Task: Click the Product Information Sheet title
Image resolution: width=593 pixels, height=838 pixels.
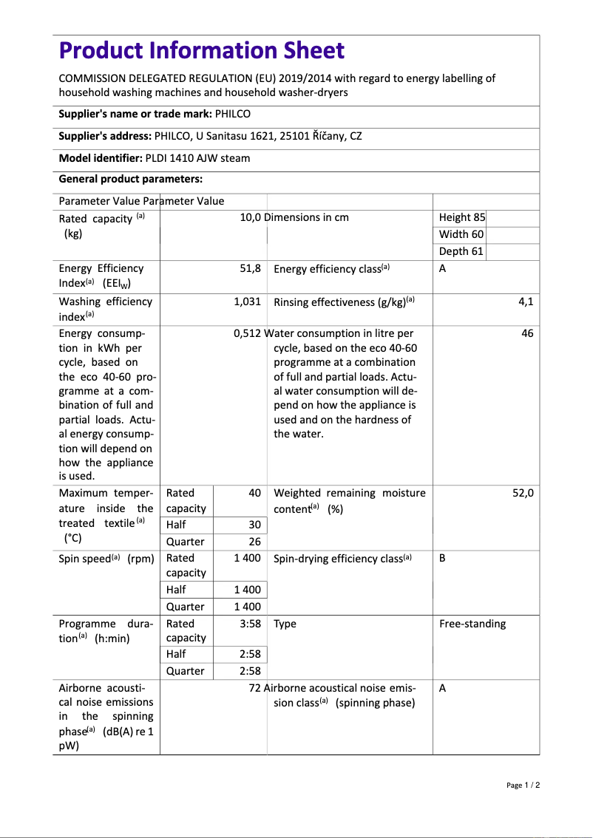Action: [x=201, y=50]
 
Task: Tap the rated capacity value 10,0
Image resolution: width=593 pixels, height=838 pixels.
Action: [x=251, y=217]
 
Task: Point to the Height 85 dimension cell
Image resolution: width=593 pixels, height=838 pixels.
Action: [x=462, y=217]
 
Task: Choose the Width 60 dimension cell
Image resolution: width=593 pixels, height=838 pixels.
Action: [x=461, y=234]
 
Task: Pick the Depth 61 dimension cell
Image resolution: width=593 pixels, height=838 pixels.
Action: [x=461, y=251]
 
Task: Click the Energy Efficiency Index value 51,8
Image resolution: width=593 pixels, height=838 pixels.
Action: [x=250, y=268]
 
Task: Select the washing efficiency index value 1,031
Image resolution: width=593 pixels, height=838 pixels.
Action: [x=247, y=302]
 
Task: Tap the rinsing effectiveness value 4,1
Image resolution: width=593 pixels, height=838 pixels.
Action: [x=526, y=302]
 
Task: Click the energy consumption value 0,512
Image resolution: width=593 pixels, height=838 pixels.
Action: [x=247, y=333]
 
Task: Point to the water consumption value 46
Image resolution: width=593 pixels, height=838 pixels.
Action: [x=527, y=333]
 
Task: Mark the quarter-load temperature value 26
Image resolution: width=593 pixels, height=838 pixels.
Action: [x=254, y=542]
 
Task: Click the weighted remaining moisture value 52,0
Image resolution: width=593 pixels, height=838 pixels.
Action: [x=523, y=493]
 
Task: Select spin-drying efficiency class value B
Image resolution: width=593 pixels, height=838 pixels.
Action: [x=442, y=558]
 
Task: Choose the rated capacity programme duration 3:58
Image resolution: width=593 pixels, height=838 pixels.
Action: [x=250, y=624]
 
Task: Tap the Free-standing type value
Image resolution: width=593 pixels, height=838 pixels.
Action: [x=472, y=624]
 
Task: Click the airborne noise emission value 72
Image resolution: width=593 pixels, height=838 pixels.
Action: [x=255, y=688]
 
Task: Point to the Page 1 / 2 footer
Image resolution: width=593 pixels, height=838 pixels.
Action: [x=523, y=785]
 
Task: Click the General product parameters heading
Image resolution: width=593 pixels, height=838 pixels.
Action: [x=130, y=179]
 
